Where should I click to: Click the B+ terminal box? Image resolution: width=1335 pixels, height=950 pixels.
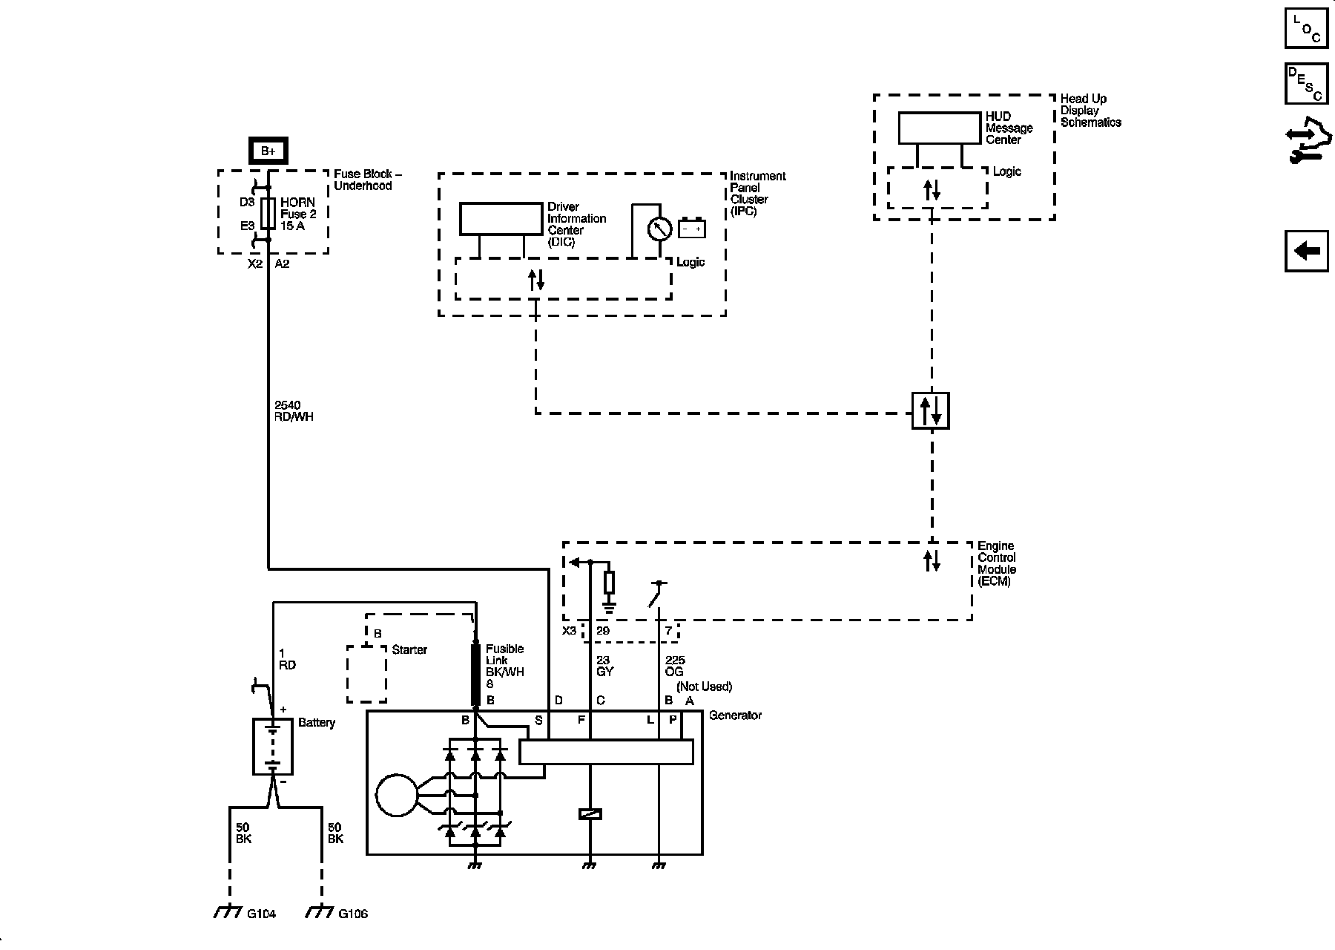[268, 151]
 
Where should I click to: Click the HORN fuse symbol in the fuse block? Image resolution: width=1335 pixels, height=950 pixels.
[268, 214]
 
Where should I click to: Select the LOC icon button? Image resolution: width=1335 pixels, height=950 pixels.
[1306, 28]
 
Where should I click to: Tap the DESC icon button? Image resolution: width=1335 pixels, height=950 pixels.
[1306, 84]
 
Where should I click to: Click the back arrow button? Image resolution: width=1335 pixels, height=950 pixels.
[1306, 251]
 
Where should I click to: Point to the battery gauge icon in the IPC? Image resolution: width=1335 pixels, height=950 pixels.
[692, 229]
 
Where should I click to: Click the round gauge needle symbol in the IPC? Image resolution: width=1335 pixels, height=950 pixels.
[659, 229]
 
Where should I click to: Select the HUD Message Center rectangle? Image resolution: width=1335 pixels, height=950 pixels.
[940, 128]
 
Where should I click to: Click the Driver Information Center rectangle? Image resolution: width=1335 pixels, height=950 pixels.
[501, 218]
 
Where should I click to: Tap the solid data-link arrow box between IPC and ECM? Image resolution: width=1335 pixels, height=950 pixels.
[931, 410]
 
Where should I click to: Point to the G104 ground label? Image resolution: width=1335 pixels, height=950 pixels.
[261, 914]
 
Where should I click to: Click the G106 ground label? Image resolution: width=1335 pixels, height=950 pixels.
[353, 914]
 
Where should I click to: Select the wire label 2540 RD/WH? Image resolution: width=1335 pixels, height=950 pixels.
[294, 411]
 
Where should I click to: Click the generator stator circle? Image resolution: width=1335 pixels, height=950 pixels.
[398, 796]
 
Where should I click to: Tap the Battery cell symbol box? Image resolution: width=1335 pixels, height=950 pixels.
[273, 747]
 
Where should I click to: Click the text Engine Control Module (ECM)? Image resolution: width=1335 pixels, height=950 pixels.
[997, 563]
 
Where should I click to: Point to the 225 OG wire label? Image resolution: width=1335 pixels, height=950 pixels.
[675, 666]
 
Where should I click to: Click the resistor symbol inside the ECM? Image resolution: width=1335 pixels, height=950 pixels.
[609, 583]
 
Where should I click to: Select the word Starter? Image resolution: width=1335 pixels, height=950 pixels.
[409, 649]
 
